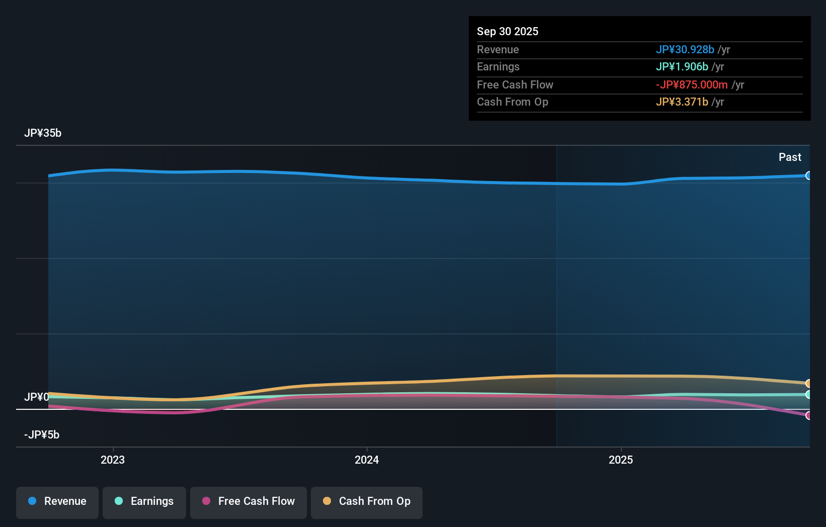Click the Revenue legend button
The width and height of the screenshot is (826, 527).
point(57,502)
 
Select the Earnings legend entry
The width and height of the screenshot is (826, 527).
point(144,502)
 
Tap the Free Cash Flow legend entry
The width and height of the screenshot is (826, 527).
point(249,502)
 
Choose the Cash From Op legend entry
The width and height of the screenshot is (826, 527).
point(367,502)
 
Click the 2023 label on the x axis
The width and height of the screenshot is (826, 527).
point(113,460)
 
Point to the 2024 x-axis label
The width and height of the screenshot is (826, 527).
point(367,460)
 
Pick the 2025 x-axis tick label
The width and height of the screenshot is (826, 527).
point(621,460)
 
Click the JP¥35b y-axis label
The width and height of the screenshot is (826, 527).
point(43,133)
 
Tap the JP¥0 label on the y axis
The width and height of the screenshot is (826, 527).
point(36,397)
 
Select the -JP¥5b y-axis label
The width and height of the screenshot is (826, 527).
point(42,435)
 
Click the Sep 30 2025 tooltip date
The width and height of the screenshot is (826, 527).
point(508,32)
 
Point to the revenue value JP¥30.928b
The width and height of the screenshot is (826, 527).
point(685,50)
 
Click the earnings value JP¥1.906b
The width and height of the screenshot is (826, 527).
point(682,67)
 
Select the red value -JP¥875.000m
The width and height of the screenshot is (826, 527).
point(692,85)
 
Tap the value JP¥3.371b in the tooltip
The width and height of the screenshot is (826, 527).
point(682,102)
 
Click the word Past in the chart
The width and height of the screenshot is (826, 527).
point(790,157)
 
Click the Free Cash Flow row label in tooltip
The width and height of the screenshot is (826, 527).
point(515,85)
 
